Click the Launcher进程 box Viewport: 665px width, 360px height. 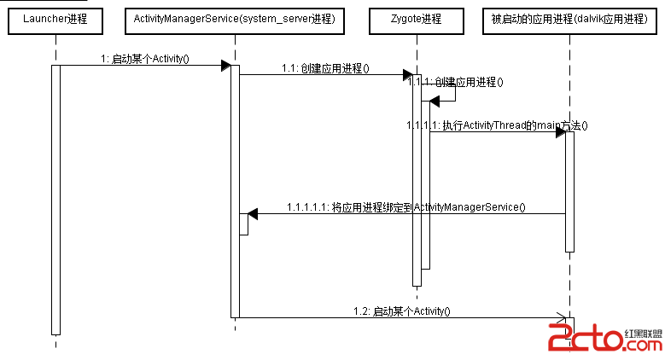(55, 18)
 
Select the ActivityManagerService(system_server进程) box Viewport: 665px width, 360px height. (234, 18)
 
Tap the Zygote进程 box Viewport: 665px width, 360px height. (417, 18)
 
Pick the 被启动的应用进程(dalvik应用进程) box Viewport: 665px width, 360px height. (569, 18)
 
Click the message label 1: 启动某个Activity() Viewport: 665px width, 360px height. (144, 59)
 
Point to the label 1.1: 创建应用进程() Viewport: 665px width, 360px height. (325, 68)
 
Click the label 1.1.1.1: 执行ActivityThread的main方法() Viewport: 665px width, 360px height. (498, 125)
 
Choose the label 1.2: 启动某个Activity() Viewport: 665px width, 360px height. (402, 311)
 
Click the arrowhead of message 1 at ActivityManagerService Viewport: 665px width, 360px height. (226, 66)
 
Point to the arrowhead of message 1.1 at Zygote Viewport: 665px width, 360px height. (409, 75)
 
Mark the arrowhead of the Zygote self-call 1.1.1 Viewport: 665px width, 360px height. (434, 102)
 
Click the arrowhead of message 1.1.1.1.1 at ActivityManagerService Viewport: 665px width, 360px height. (253, 214)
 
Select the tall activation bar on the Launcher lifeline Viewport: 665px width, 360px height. (55, 200)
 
